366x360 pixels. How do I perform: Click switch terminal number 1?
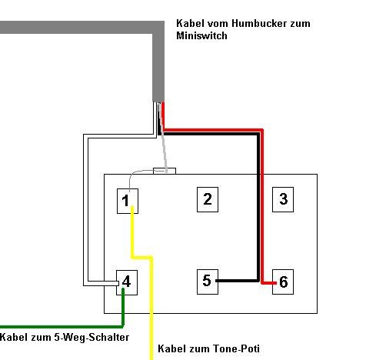coord(128,201)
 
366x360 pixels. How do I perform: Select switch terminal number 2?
coord(208,199)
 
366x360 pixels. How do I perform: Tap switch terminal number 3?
coord(283,199)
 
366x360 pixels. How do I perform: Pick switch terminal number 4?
coord(127,282)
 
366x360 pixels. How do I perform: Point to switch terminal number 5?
coord(208,282)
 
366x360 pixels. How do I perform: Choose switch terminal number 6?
coord(283,282)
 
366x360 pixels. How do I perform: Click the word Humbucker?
coord(259,23)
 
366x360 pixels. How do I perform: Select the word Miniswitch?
coord(201,35)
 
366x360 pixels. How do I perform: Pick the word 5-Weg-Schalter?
coord(91,337)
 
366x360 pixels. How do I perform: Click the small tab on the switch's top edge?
coord(165,171)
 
